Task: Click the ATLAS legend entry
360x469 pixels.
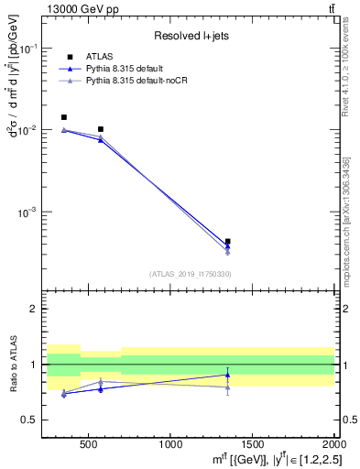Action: [x=99, y=57]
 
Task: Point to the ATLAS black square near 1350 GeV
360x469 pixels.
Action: [x=227, y=242]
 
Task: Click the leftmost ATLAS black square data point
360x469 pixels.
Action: [x=63, y=117]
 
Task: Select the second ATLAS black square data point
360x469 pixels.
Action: [x=101, y=129]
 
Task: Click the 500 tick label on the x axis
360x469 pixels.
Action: [x=88, y=444]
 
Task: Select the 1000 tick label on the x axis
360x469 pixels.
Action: [x=169, y=444]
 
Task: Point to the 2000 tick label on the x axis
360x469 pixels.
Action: [x=331, y=444]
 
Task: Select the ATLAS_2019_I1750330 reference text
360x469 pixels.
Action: [x=190, y=274]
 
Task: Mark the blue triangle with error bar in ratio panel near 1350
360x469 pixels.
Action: [x=227, y=375]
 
